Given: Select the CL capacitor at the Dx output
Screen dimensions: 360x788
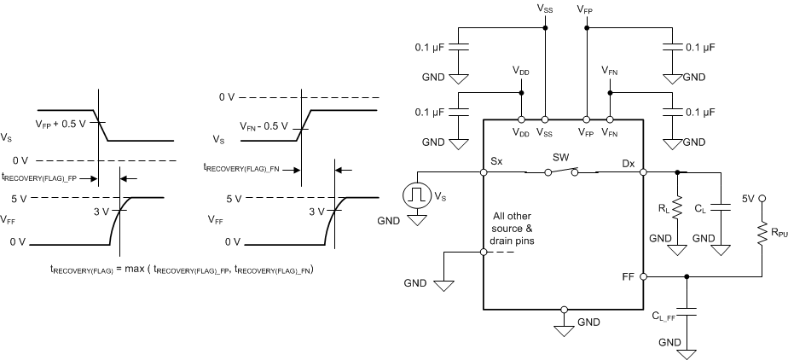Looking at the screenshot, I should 721,206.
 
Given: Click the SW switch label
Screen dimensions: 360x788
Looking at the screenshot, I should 560,159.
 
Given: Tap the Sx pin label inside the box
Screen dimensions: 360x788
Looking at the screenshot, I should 497,160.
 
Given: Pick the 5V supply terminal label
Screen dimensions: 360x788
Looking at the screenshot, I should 748,198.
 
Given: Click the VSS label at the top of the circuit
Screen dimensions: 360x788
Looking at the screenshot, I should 545,8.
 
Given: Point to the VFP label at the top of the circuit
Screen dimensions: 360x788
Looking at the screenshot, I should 586,8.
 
